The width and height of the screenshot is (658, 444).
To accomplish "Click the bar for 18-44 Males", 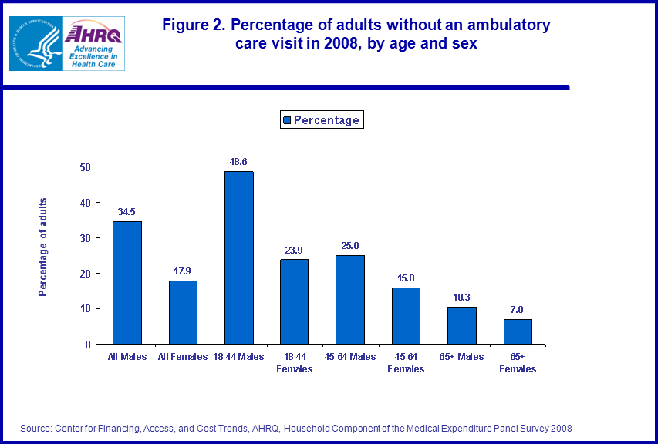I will [x=238, y=257].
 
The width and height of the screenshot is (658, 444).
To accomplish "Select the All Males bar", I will [x=127, y=282].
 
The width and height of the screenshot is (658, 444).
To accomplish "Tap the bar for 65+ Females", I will [x=518, y=331].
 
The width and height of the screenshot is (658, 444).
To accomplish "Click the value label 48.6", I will [x=238, y=162].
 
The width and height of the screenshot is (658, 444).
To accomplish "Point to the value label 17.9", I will [x=183, y=271].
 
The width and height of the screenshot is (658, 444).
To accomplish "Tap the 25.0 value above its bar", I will [x=350, y=246].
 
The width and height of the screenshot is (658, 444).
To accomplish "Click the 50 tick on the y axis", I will [x=85, y=167].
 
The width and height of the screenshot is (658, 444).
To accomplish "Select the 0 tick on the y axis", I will [x=88, y=345].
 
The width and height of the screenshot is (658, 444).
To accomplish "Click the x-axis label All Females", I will [x=183, y=357].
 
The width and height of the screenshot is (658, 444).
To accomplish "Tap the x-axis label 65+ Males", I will [x=462, y=357].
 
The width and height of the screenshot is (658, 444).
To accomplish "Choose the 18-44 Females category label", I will [x=295, y=363].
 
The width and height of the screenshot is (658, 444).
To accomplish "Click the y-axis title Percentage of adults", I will [x=44, y=247].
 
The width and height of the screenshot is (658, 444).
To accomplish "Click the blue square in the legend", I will [x=286, y=120].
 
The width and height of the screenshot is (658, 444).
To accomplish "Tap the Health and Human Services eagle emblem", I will [x=35, y=42].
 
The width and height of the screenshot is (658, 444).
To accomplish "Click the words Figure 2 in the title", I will [x=192, y=25].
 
